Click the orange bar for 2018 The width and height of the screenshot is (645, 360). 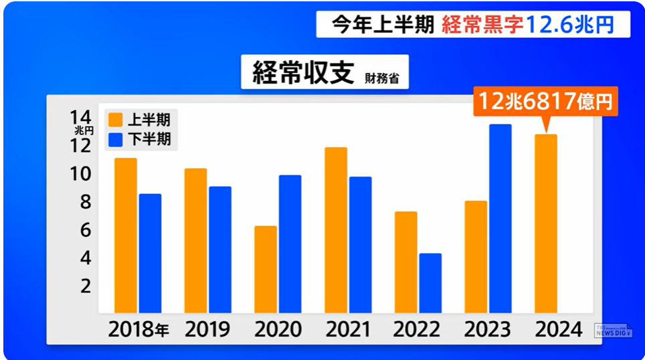pyautogui.click(x=125, y=235)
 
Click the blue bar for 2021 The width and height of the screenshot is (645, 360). pyautogui.click(x=360, y=244)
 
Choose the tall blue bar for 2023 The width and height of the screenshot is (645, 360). pyautogui.click(x=500, y=218)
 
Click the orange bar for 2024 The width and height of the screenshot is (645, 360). pyautogui.click(x=546, y=223)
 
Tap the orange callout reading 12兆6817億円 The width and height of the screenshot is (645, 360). pyautogui.click(x=545, y=102)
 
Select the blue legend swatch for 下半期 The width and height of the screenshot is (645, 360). pyautogui.click(x=116, y=139)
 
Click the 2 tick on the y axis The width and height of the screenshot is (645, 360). pyautogui.click(x=85, y=286)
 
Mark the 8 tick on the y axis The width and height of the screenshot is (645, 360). pyautogui.click(x=85, y=202)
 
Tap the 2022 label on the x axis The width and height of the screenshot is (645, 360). pyautogui.click(x=417, y=329)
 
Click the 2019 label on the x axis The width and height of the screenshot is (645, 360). pyautogui.click(x=207, y=329)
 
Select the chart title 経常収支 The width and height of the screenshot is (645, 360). pyautogui.click(x=302, y=73)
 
